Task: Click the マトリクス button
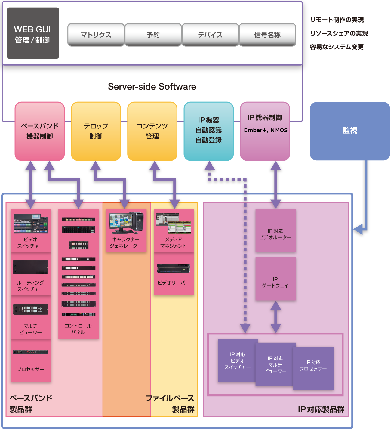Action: (x=96, y=35)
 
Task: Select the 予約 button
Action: (x=153, y=35)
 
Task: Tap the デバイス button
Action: (x=210, y=35)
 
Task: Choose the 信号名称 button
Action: (x=267, y=35)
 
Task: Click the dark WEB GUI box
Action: (x=33, y=33)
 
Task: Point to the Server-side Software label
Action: (x=152, y=87)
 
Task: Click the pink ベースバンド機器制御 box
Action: (x=40, y=131)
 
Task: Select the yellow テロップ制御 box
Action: (x=96, y=131)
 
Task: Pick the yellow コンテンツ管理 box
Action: (x=152, y=131)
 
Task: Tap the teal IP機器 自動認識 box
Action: (x=209, y=131)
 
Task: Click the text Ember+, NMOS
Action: (x=266, y=130)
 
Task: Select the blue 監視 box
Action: (x=350, y=131)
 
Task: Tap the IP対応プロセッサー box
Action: (x=313, y=368)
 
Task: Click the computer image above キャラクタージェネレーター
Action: (x=126, y=223)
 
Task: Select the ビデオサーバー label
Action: (x=174, y=283)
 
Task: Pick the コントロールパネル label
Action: (x=78, y=329)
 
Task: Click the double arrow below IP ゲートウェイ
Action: (x=276, y=317)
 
